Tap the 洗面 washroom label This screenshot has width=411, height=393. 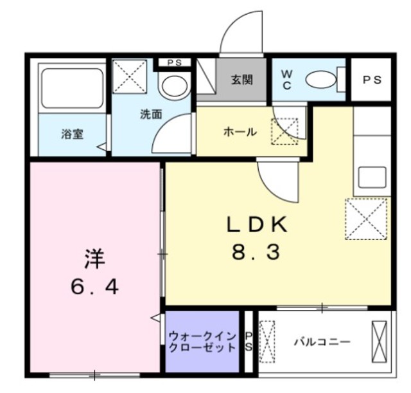pos(151,115)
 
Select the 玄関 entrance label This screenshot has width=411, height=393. pos(241,80)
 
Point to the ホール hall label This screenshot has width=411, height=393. pos(240,133)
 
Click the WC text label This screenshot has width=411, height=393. pos(286,80)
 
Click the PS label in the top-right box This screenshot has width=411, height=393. pos(372,80)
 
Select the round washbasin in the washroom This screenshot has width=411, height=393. pos(173,85)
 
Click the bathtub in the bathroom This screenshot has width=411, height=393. pos(71,86)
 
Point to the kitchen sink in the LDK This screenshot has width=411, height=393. pos(372,177)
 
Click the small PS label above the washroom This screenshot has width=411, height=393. pos(173,62)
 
